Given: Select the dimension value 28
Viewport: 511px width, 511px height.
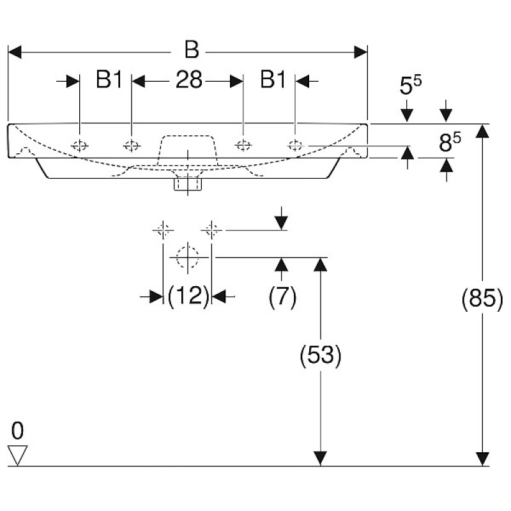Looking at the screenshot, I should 188,80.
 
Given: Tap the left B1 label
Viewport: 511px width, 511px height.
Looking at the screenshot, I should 109,80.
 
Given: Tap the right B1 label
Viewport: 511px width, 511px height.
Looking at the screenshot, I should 273,80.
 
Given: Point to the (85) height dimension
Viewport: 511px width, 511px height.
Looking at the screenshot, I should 482,299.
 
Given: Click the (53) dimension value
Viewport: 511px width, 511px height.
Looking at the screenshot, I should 321,356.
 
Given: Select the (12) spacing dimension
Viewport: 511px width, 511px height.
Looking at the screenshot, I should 188,296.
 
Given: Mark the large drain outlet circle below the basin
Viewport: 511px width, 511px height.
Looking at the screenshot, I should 187,257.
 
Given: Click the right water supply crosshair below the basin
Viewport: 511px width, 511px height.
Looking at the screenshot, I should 212,228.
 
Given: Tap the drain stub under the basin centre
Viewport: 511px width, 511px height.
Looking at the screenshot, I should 187,185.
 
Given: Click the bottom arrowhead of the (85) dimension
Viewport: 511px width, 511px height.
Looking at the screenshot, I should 482,459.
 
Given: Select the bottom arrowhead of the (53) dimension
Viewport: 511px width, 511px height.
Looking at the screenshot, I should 321,459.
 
